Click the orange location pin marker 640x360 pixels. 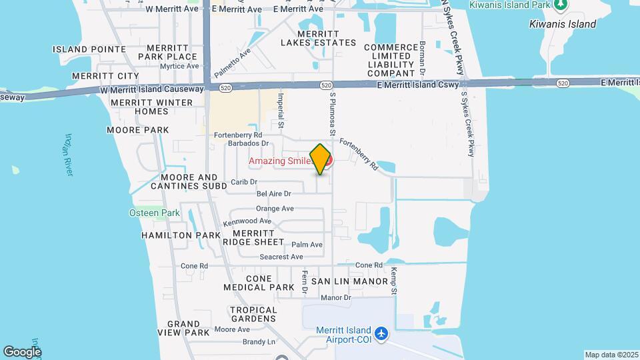point(321,159)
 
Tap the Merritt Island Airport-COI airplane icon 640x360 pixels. point(381,333)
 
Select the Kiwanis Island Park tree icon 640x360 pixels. point(561,5)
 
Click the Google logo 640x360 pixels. point(21,351)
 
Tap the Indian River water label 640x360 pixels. point(69,155)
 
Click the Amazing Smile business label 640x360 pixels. point(281,161)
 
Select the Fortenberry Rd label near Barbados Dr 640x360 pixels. point(238,135)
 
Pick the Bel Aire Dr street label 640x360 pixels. point(274,194)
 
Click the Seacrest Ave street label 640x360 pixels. point(281,257)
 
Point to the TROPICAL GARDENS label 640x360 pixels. point(253,314)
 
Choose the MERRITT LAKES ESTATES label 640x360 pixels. point(318,38)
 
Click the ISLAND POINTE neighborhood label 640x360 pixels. point(89,49)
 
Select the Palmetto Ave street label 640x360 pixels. point(232,61)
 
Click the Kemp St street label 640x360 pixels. point(394,281)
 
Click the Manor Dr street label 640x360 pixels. point(335,297)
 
